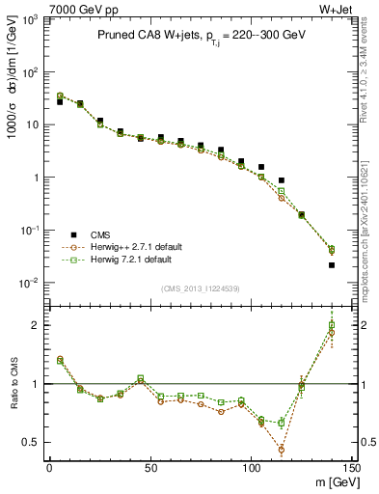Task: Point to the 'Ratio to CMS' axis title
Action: (x=14, y=384)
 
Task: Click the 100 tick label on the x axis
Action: (x=251, y=467)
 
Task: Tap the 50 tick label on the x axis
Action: (x=150, y=467)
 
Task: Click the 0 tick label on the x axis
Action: (x=49, y=467)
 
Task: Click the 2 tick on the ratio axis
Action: (x=36, y=325)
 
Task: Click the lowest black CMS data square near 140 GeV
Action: (x=332, y=265)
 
